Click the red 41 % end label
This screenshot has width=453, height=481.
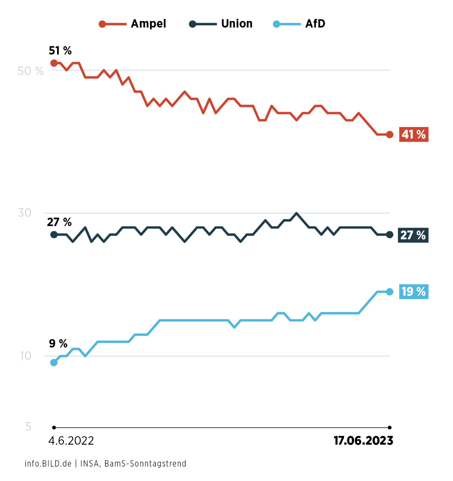[x=414, y=134]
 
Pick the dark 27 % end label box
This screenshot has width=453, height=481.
[x=413, y=235]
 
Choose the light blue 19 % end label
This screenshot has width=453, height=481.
[x=414, y=292]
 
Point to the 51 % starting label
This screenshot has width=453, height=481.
[x=60, y=51]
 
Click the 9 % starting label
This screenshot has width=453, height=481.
[x=58, y=344]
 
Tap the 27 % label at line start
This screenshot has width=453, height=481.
[x=59, y=222]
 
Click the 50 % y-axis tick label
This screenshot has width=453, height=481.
[x=30, y=71]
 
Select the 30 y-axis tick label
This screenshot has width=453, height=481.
[x=25, y=213]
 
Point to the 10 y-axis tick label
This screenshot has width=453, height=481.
[x=26, y=356]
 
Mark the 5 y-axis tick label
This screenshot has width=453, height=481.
[x=28, y=427]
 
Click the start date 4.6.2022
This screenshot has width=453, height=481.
[x=71, y=441]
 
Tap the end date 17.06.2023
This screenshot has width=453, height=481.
[x=363, y=441]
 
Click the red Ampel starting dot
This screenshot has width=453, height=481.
[x=54, y=63]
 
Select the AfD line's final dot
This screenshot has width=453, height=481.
[x=390, y=292]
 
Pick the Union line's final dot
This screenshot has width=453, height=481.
[x=390, y=235]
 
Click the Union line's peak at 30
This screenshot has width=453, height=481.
[x=296, y=213]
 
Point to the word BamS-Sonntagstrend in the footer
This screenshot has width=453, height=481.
[x=145, y=464]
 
